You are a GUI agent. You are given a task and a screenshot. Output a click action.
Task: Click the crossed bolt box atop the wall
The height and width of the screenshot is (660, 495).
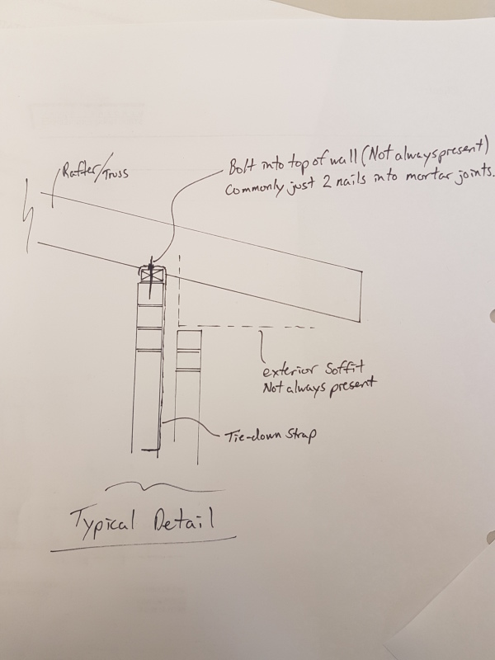pos(152,274)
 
